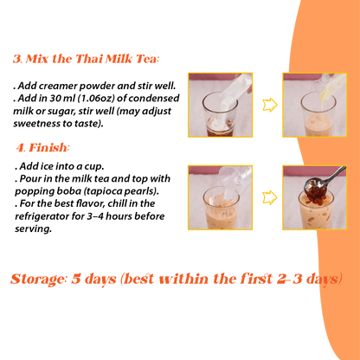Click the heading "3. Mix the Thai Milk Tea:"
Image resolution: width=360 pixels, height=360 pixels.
pos(86,60)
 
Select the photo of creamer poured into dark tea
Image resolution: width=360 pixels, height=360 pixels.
pos(219,106)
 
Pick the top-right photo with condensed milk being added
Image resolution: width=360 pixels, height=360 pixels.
pos(315,106)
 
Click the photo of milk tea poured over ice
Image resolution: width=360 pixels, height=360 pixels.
pos(219,197)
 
